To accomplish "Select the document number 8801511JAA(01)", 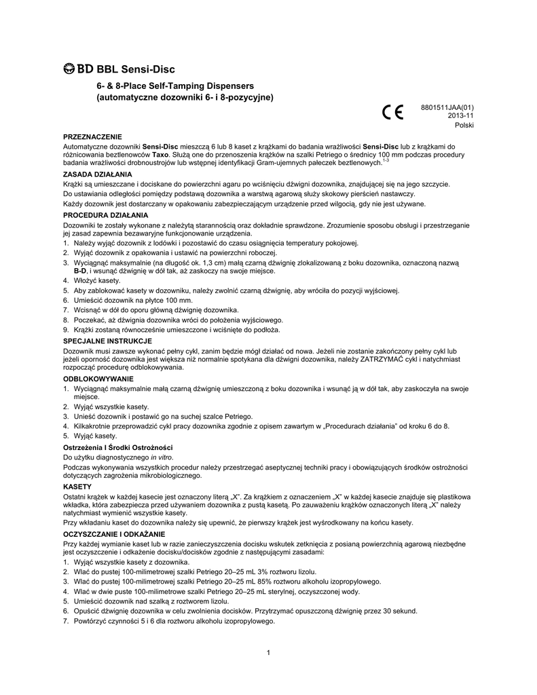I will (447, 107).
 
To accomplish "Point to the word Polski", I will (464, 126).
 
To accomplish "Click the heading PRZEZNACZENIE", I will (92, 137).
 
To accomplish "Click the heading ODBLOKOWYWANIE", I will (98, 378).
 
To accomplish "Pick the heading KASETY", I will (77, 488).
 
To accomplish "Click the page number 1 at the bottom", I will (269, 653).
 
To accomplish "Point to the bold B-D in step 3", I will (79, 271).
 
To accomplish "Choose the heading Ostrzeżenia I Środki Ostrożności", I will (119, 448).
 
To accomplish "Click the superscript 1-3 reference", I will (385, 160).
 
